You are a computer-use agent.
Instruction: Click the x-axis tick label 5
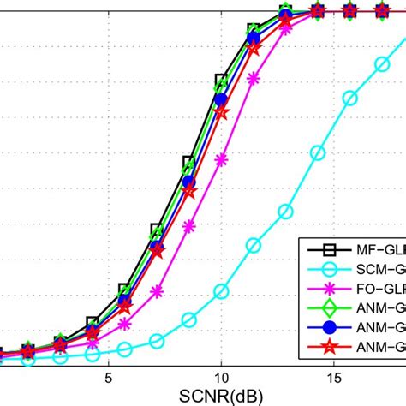[109, 377]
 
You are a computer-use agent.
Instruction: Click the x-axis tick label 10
[221, 377]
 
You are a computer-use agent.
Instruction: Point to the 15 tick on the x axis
[334, 377]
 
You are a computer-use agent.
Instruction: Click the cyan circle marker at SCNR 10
[221, 291]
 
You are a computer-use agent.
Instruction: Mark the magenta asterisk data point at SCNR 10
[222, 158]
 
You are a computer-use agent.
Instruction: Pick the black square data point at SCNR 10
[221, 81]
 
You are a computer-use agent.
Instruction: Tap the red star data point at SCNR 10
[221, 112]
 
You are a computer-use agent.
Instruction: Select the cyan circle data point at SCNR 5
[125, 349]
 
